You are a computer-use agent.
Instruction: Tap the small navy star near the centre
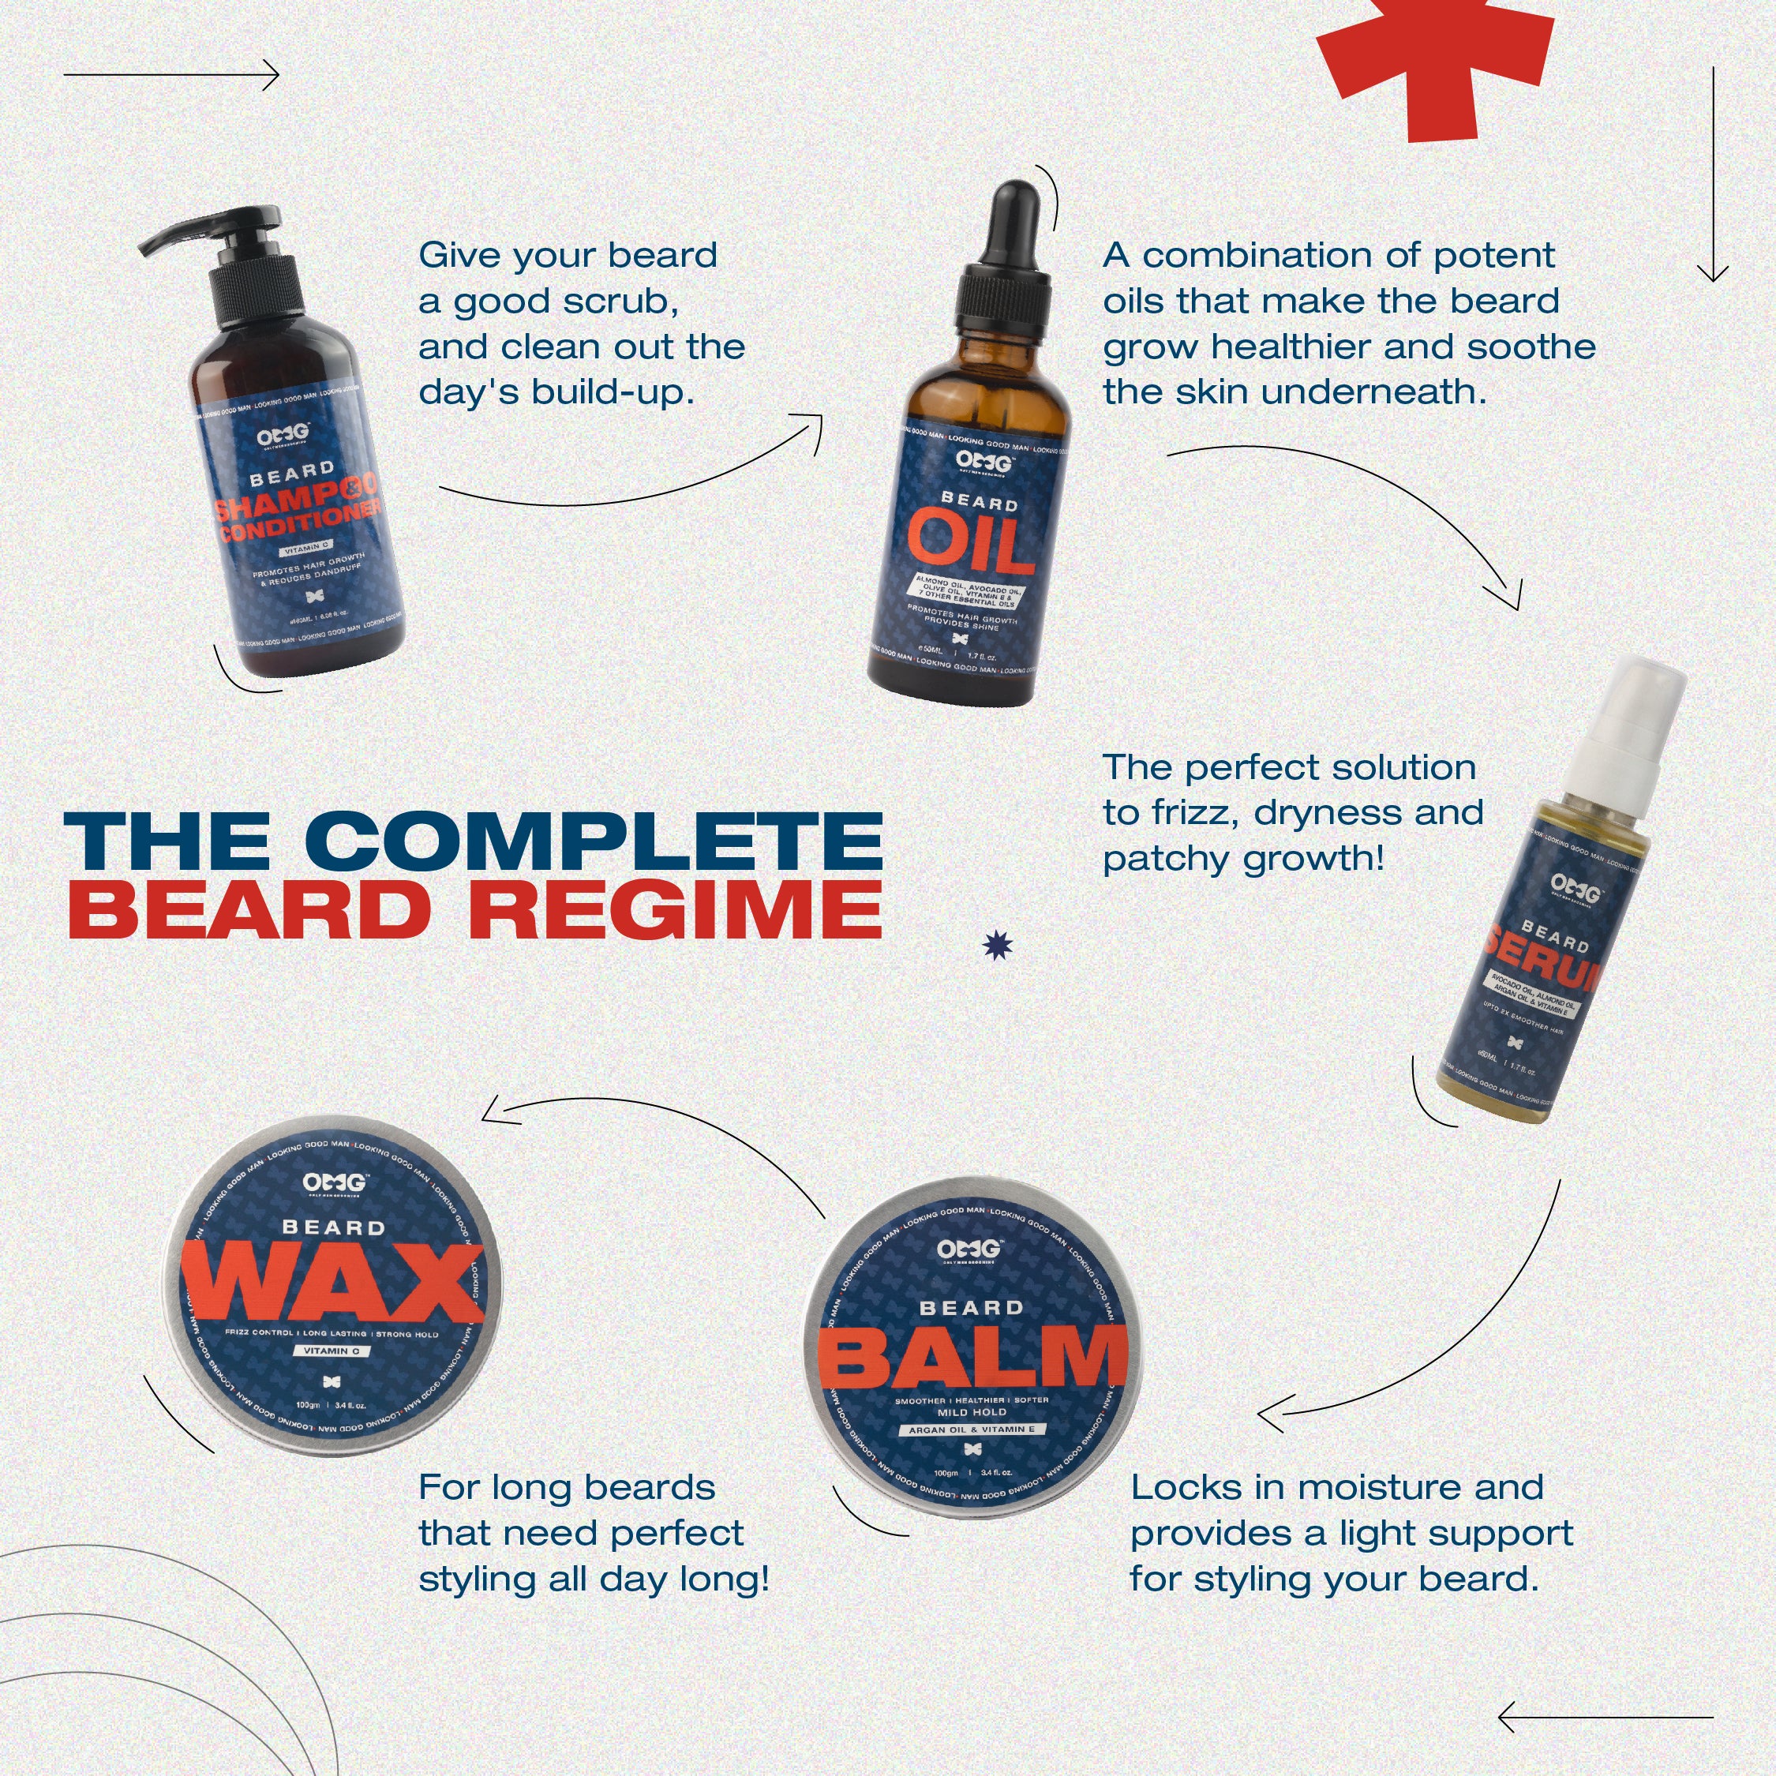click(998, 945)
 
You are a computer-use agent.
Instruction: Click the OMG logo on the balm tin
click(970, 1250)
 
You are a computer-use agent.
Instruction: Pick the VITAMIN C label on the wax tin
click(333, 1351)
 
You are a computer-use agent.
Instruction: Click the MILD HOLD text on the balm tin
click(972, 1412)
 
